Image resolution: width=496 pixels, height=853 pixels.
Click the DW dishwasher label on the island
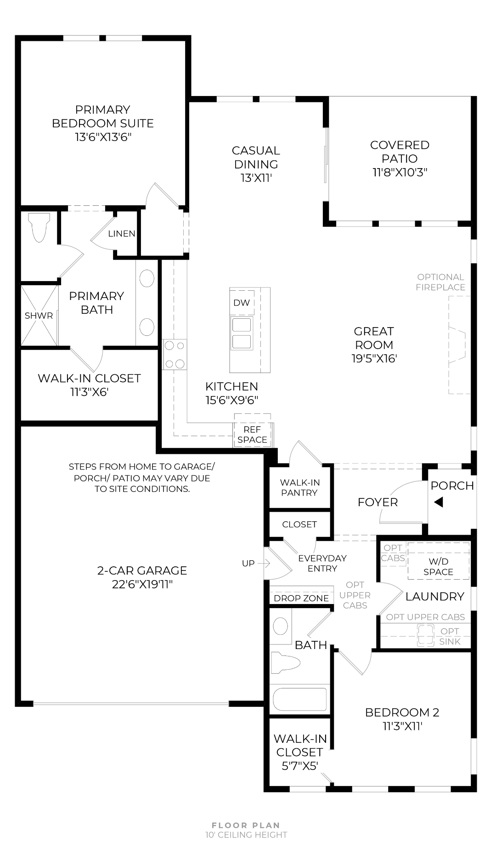(x=242, y=303)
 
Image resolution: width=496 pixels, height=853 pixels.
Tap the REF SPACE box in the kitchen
(x=253, y=435)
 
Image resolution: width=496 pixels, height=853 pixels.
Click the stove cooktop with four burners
(x=175, y=354)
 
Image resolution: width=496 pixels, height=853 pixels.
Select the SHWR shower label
(x=39, y=316)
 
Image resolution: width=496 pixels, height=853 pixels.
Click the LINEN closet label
(x=122, y=233)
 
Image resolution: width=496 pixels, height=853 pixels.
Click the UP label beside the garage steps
(x=248, y=563)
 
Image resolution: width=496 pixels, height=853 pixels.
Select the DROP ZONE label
(x=301, y=598)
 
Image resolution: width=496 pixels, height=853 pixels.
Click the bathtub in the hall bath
(x=300, y=700)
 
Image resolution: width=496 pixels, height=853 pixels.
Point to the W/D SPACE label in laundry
(x=439, y=566)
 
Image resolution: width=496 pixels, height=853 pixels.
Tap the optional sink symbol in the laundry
(x=425, y=636)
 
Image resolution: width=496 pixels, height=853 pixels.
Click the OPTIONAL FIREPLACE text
(x=441, y=282)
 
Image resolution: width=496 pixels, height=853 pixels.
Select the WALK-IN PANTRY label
(x=299, y=487)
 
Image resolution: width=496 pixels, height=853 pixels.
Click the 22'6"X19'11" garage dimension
(x=142, y=584)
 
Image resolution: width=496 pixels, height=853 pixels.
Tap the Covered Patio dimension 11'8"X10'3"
(x=400, y=172)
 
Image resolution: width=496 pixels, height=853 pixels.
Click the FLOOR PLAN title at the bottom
(x=246, y=825)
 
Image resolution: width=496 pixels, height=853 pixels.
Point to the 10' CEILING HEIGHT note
(x=246, y=835)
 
